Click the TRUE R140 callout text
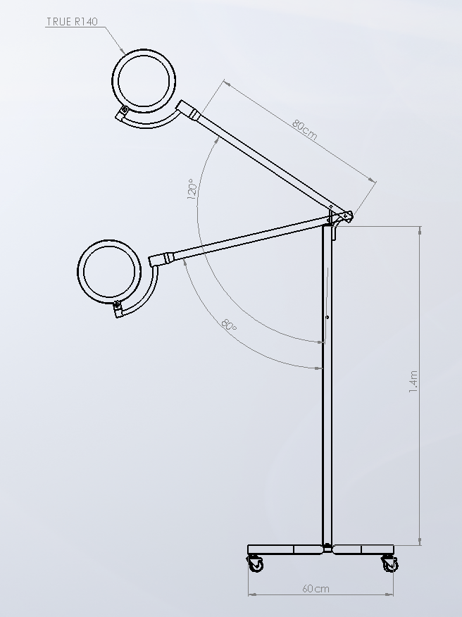coord(72,22)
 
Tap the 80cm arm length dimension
coord(304,130)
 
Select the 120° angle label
coord(192,189)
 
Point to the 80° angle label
coord(229,325)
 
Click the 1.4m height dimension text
coord(413,381)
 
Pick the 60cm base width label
coord(316,589)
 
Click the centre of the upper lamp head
coord(144,81)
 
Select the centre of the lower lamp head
coord(109,272)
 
